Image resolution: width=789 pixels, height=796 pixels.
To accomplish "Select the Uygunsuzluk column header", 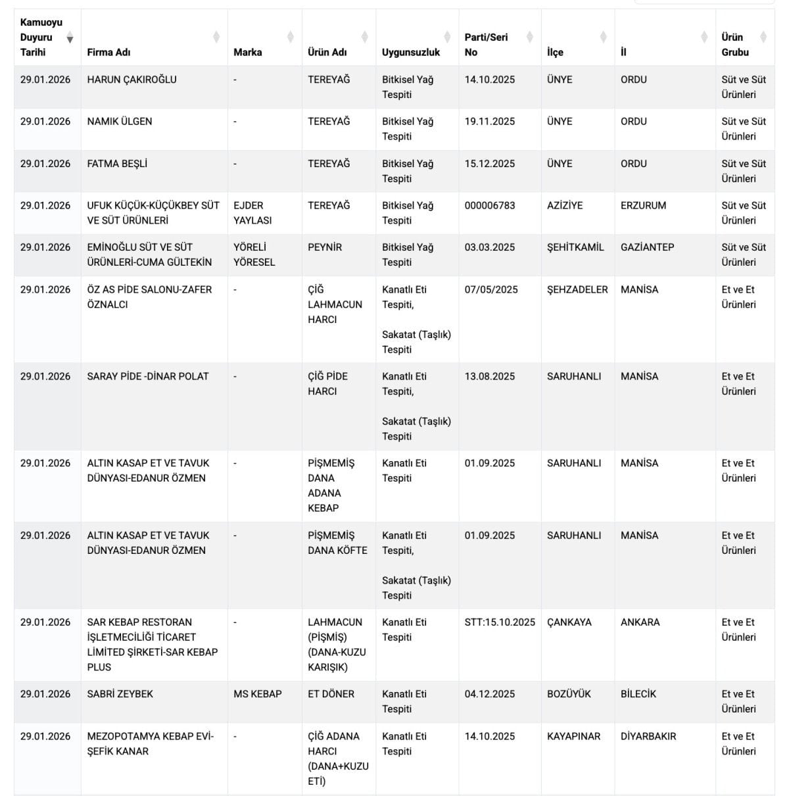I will (410, 52).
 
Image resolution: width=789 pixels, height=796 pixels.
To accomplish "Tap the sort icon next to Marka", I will (290, 37).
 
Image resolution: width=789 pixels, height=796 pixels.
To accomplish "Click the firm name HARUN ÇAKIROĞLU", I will (131, 80).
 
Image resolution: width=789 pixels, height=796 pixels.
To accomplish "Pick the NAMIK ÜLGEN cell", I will (120, 122).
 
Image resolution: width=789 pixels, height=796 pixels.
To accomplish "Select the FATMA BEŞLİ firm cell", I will (117, 164).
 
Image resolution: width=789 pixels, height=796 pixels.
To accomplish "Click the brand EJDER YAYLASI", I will (252, 212).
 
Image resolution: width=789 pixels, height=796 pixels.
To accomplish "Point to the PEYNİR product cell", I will (325, 247).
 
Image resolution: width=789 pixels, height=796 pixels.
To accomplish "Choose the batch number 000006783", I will (490, 205).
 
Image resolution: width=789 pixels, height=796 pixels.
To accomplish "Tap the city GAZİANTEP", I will (647, 247).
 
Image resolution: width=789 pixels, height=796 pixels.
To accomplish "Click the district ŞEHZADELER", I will (577, 289).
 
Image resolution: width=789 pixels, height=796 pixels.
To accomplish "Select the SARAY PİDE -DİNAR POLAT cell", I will (148, 376).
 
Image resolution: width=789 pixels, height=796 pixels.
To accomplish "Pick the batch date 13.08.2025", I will (490, 376).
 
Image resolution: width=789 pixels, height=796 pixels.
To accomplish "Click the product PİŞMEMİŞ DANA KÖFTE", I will (337, 543).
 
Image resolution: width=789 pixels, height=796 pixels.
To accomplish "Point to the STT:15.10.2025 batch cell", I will (500, 622).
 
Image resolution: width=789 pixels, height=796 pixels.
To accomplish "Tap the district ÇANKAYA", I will (569, 622).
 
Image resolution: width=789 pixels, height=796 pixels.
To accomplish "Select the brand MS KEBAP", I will (258, 694).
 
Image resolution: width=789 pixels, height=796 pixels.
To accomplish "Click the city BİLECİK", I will (638, 694).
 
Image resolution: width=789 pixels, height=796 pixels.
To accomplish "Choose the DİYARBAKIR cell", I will (648, 736).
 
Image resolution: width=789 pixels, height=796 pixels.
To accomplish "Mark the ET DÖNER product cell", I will (331, 694).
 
